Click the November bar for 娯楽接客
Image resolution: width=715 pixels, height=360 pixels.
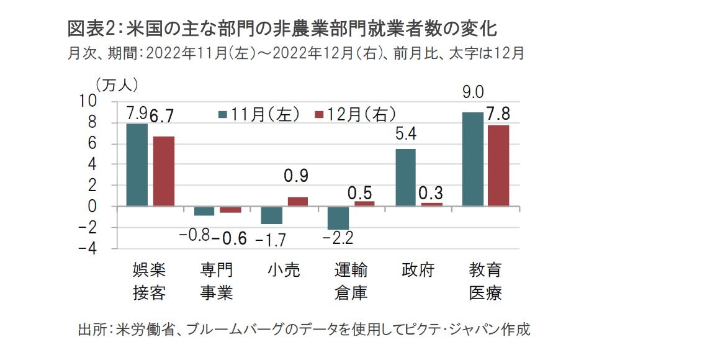(x=137, y=164)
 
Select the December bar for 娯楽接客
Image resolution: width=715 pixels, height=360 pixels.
(x=163, y=171)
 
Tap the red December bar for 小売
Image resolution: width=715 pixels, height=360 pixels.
(x=297, y=201)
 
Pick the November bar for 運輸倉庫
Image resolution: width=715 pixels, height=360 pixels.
(x=338, y=218)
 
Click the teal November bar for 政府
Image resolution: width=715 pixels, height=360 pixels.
(x=405, y=178)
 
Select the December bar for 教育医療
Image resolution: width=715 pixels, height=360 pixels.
(x=498, y=165)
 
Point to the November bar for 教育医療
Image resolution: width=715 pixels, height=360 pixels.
(x=472, y=159)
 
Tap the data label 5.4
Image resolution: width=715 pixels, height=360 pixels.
(x=405, y=133)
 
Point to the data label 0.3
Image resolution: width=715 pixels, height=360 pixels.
(x=431, y=190)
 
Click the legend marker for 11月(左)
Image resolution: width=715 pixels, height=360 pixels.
(x=222, y=114)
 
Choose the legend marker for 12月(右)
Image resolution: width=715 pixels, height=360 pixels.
(x=320, y=114)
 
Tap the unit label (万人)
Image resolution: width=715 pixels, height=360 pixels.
(x=116, y=83)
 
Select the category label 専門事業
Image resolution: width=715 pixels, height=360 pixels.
(x=216, y=281)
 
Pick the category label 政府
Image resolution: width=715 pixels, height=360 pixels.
(x=417, y=270)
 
